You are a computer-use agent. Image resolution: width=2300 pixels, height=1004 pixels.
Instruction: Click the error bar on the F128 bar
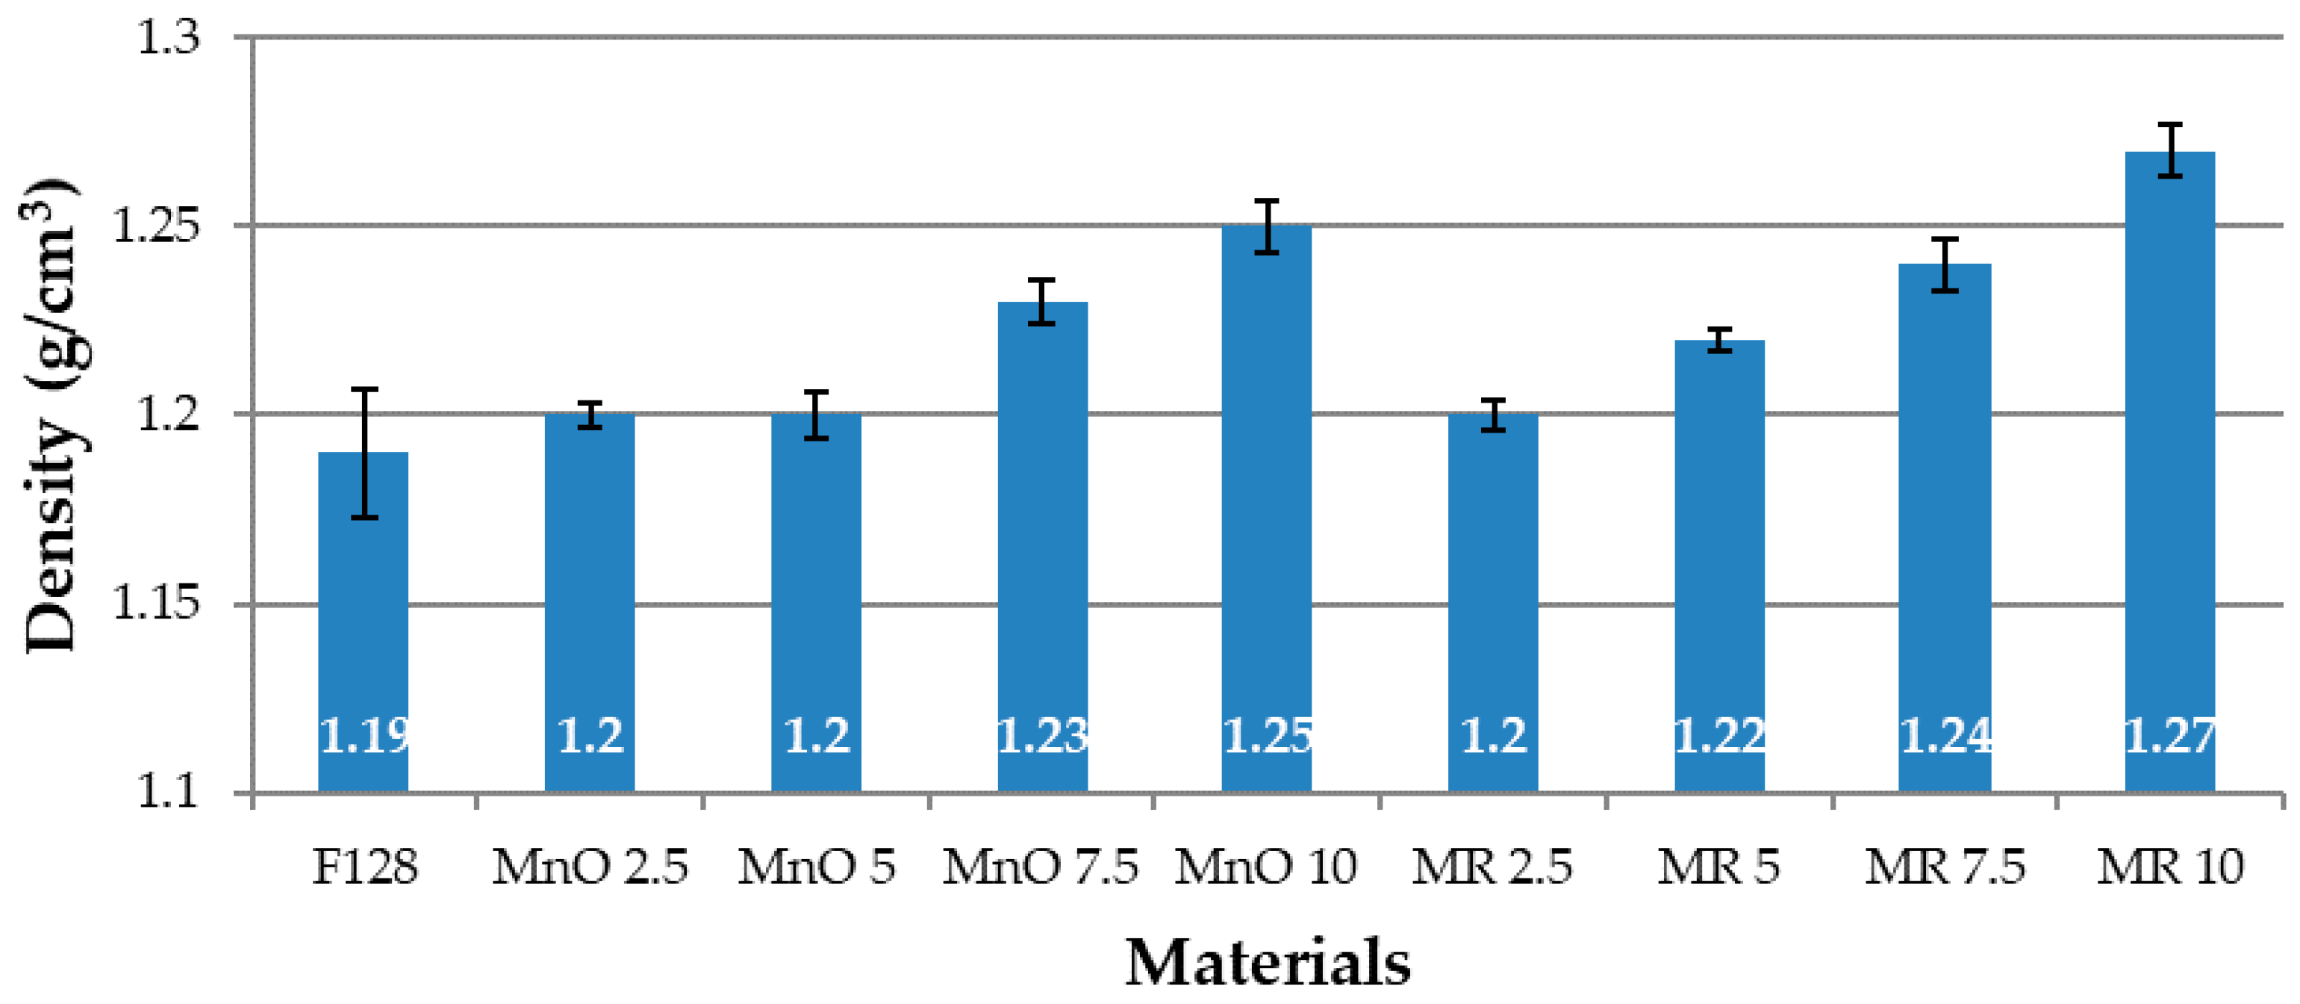(364, 453)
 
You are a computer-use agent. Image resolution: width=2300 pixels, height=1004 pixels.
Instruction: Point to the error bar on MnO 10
(1266, 227)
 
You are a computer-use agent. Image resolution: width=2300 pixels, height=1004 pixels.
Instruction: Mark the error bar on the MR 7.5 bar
(1945, 264)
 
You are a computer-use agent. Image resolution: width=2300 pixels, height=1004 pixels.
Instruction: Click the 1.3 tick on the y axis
(169, 37)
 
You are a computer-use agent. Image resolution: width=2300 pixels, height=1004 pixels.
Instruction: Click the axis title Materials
(1267, 963)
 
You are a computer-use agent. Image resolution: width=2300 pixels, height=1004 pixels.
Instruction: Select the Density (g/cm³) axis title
(51, 415)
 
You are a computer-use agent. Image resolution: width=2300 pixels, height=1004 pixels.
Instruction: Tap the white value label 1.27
(2169, 737)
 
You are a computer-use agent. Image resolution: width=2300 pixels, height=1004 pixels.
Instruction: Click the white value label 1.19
(364, 737)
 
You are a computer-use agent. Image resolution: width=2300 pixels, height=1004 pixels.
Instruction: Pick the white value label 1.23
(1042, 737)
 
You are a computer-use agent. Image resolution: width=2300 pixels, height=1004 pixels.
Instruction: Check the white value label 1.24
(1945, 737)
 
